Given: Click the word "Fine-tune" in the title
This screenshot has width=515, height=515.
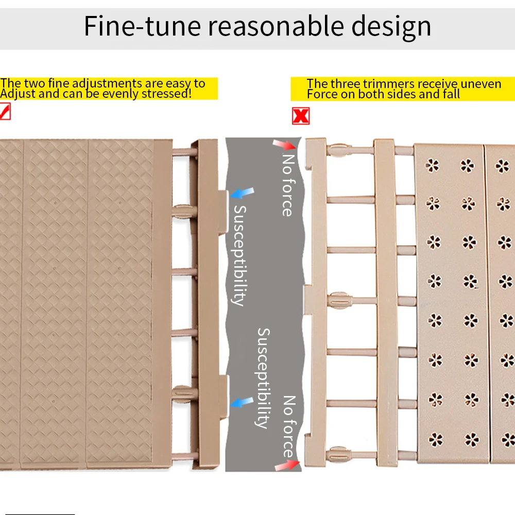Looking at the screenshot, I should pos(142,26).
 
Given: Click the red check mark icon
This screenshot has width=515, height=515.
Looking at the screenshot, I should pos(5,111).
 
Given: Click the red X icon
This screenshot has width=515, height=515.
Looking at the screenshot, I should pos(301,116).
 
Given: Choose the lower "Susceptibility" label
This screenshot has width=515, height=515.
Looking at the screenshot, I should pos(263,378).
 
